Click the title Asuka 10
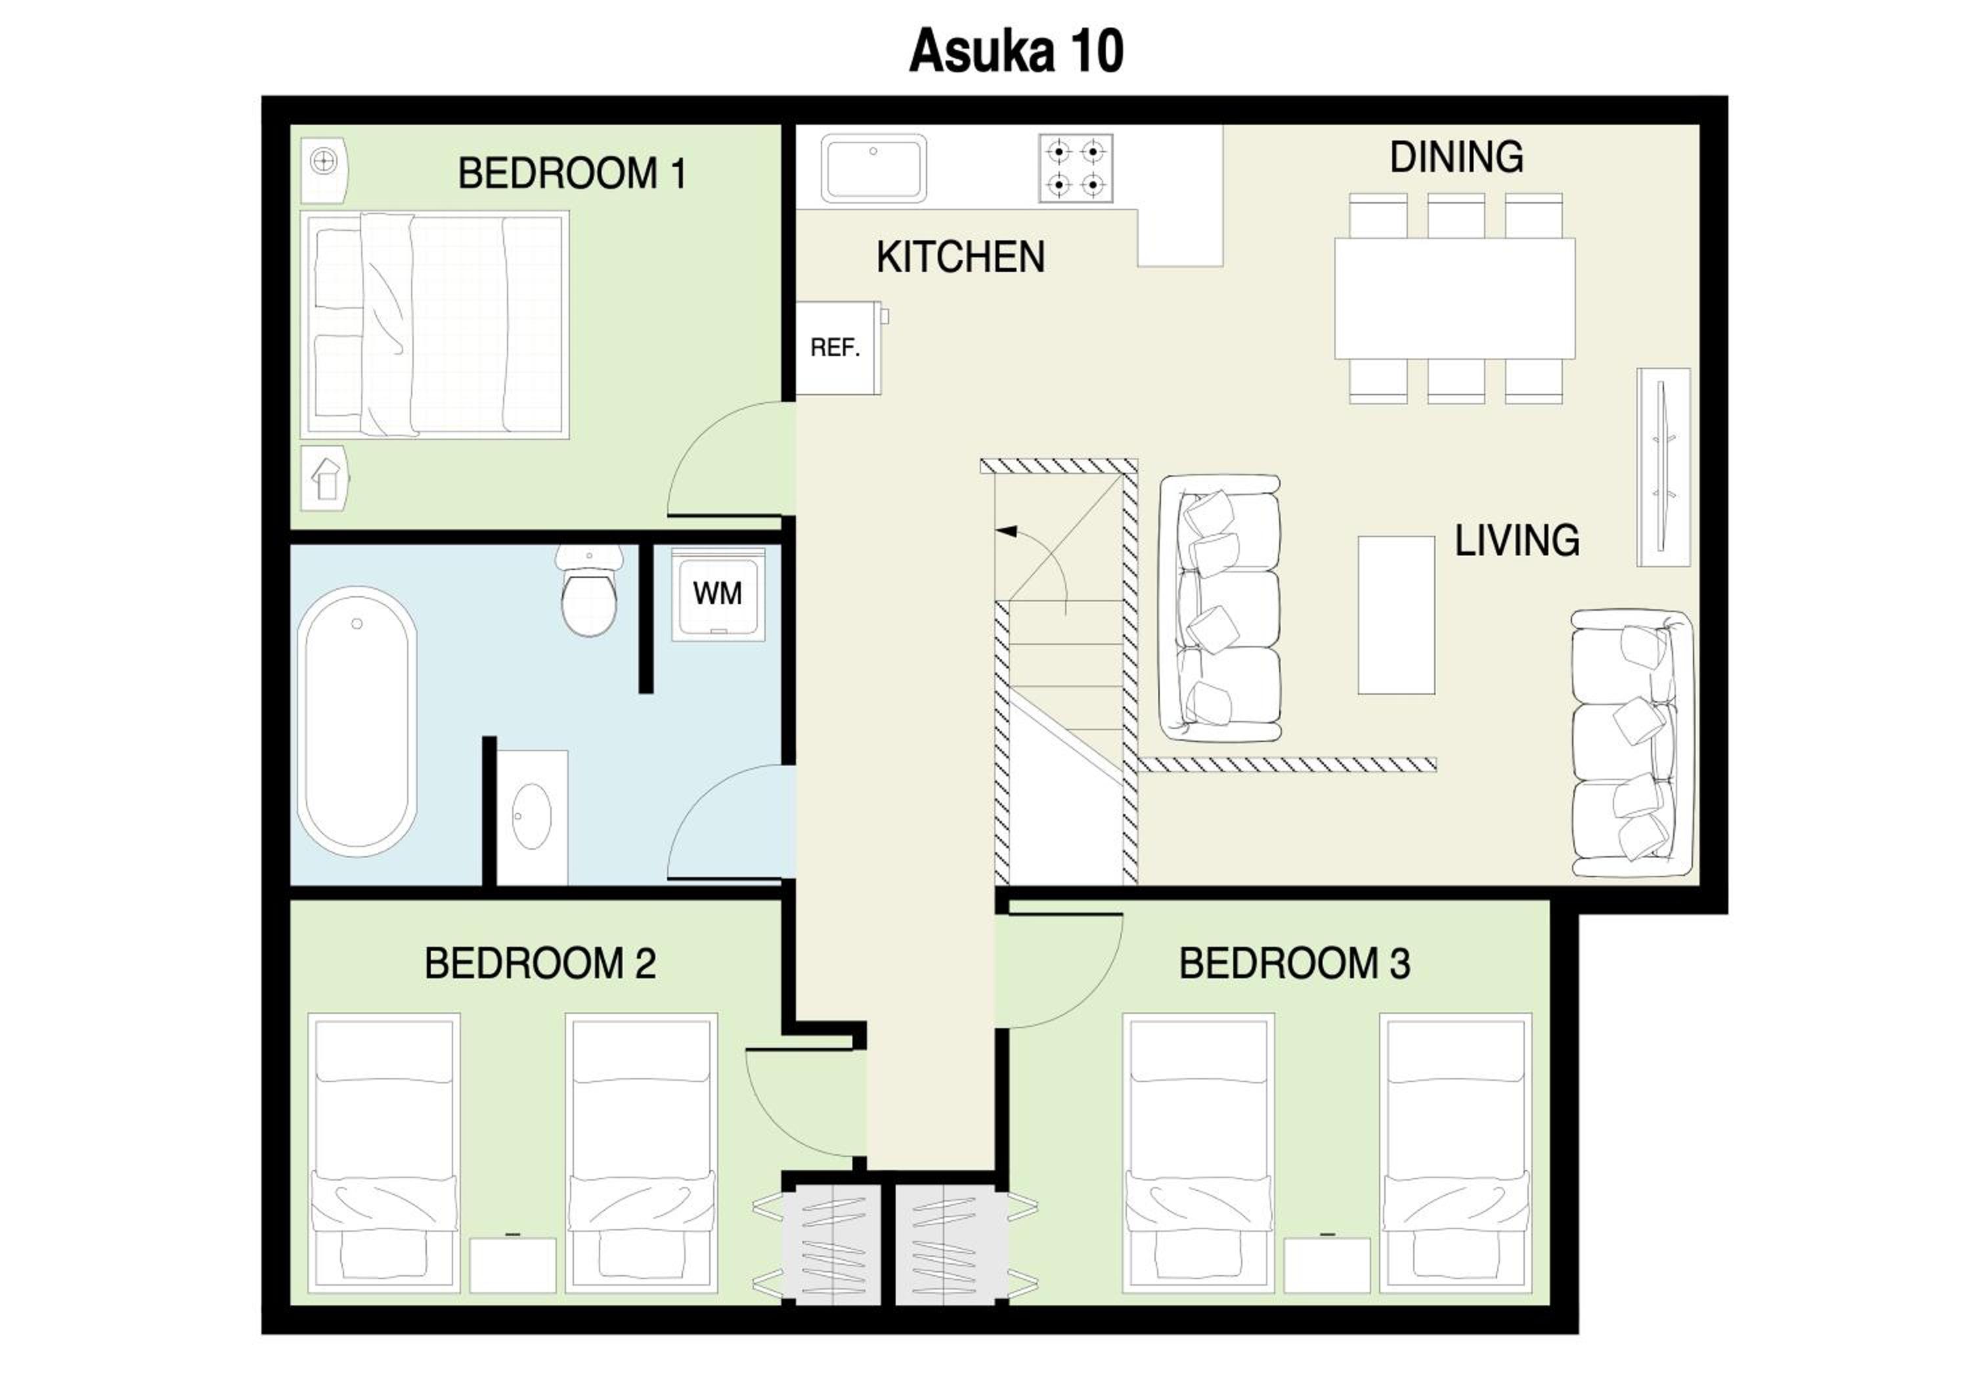[x=1016, y=51]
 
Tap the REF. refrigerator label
[x=835, y=347]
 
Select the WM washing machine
[x=718, y=594]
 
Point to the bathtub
[x=357, y=722]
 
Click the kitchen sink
[x=873, y=168]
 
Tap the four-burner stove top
[x=1076, y=168]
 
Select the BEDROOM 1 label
[x=573, y=173]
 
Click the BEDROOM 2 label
[x=540, y=963]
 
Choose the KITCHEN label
[x=960, y=257]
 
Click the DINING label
[x=1457, y=157]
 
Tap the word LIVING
[x=1517, y=540]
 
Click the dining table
[x=1455, y=299]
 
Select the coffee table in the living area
[x=1396, y=615]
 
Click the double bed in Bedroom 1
[x=434, y=325]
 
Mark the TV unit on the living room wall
[x=1664, y=468]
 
